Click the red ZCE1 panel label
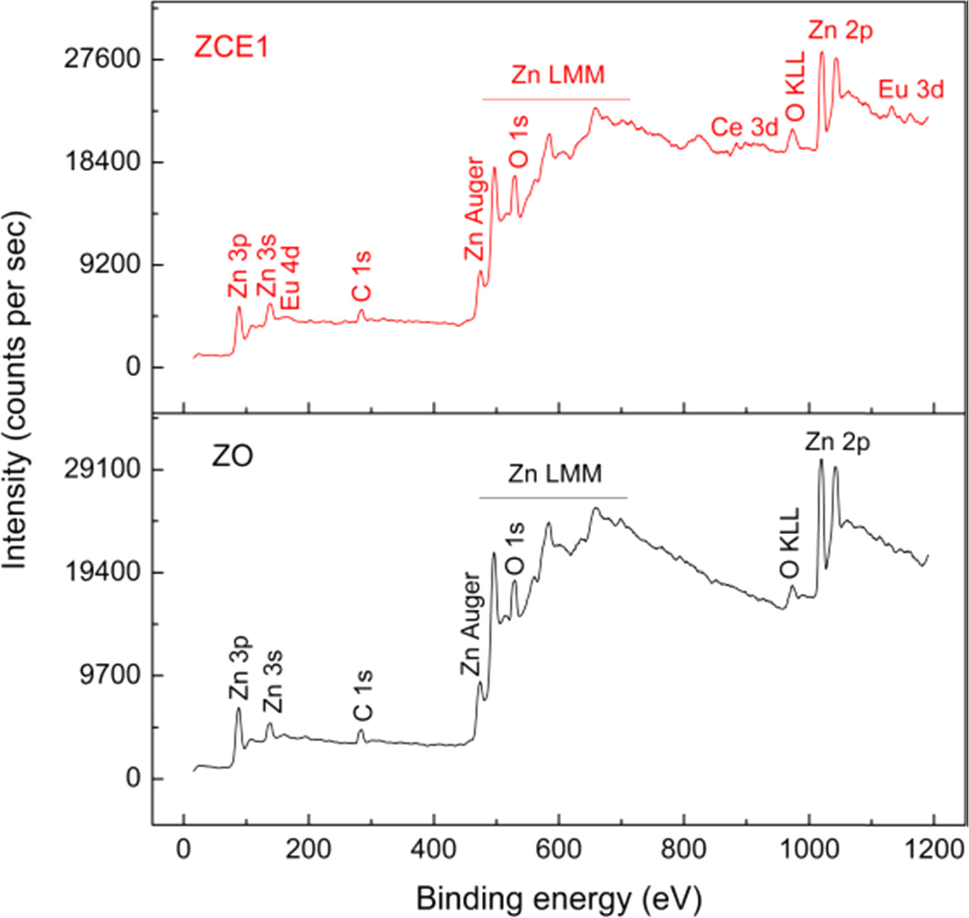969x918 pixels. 231,47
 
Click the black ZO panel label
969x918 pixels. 232,457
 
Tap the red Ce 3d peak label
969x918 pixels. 744,128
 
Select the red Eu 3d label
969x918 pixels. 910,89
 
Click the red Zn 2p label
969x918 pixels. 840,30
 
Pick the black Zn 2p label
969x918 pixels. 837,442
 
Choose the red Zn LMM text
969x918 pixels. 557,75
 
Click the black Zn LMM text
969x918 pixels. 555,474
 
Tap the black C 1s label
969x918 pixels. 363,696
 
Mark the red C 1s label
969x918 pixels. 362,277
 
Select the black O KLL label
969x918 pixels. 790,544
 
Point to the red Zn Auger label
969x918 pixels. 474,209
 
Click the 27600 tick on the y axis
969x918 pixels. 102,59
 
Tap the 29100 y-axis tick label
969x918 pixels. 102,470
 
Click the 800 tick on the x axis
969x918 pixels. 684,849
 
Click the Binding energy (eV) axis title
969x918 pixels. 559,899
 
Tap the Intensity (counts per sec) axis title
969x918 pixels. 16,390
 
